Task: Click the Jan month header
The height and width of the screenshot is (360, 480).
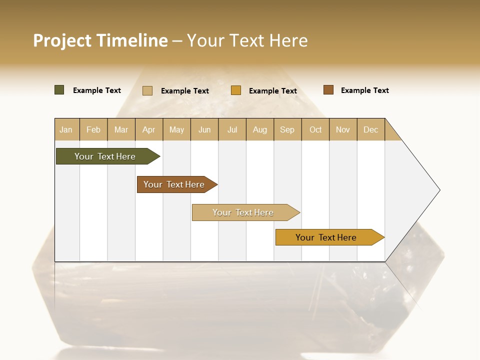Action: click(x=66, y=129)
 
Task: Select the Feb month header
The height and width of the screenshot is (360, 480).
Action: click(x=93, y=129)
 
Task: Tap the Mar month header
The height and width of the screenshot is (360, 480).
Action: click(x=121, y=129)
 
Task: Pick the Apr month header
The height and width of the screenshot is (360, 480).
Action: click(x=149, y=129)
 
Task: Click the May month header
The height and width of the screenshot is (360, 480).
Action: click(x=176, y=129)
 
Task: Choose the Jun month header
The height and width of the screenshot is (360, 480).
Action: click(x=204, y=129)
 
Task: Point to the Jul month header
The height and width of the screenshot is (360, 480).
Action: click(x=232, y=129)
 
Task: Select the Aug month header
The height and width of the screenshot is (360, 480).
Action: click(x=260, y=129)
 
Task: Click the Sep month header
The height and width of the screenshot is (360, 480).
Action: click(x=287, y=129)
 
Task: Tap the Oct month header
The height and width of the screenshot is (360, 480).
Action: click(x=315, y=129)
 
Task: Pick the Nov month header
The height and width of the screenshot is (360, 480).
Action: click(x=343, y=129)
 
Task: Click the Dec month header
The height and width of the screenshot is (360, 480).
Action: click(x=371, y=129)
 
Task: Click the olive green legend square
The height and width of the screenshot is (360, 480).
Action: click(x=59, y=90)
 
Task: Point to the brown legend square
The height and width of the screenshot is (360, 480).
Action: click(x=328, y=90)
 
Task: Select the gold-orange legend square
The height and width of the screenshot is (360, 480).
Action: click(x=236, y=90)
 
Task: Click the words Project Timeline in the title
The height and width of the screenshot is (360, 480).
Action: click(x=100, y=40)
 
